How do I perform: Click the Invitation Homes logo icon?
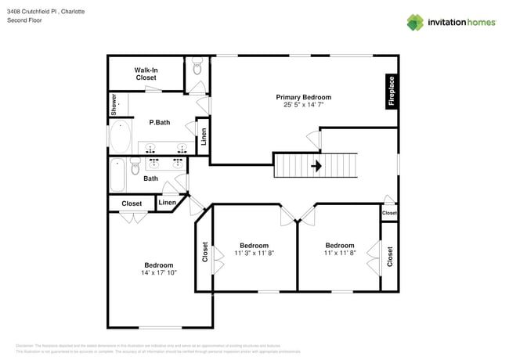[415, 21]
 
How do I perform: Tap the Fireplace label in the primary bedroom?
[391, 91]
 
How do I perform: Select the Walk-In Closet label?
[146, 74]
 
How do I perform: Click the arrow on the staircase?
[316, 166]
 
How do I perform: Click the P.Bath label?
[160, 122]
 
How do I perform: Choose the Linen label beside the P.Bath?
[204, 137]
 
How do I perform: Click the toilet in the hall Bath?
[135, 166]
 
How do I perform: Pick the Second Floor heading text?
[24, 21]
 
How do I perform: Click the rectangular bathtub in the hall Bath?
[117, 174]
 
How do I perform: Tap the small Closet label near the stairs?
[389, 213]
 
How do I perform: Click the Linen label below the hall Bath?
[168, 203]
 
